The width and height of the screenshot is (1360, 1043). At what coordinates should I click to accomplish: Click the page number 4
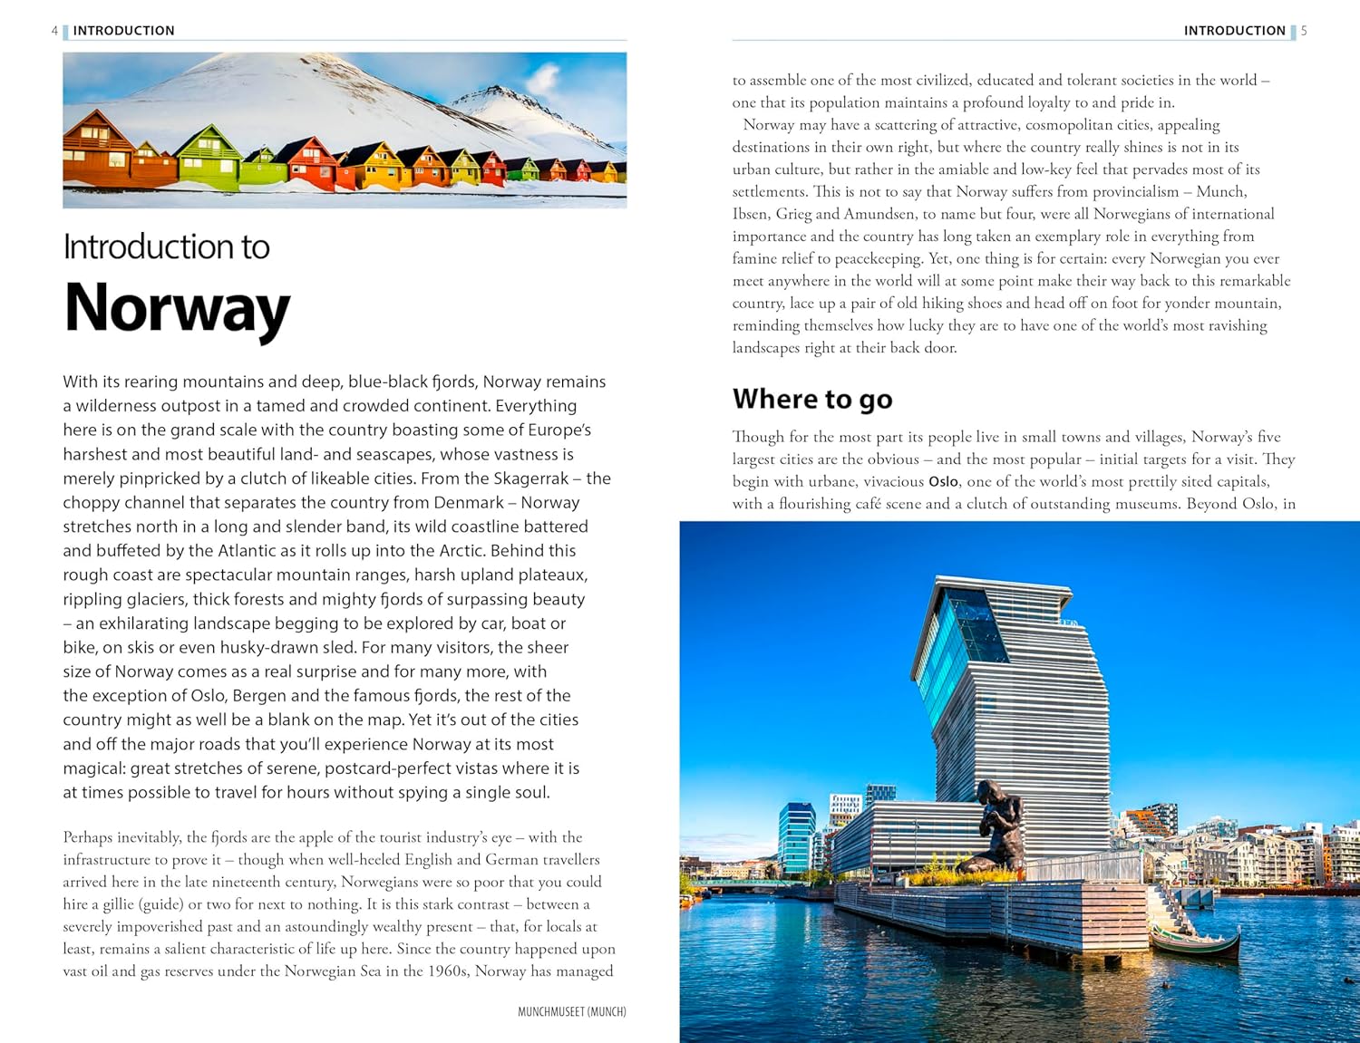(x=54, y=31)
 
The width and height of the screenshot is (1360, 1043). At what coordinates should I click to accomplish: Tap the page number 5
(x=1304, y=31)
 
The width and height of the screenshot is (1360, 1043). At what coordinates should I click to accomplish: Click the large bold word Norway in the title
(x=177, y=309)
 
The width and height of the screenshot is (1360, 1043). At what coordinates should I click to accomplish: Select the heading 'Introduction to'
(x=167, y=247)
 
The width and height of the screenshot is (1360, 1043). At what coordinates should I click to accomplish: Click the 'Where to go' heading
(x=812, y=399)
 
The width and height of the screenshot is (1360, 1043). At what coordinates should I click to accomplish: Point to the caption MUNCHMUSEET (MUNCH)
(x=571, y=1012)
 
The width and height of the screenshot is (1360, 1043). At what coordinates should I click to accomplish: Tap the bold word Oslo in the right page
(x=943, y=482)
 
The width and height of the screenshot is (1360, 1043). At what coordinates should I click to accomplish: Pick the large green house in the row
(x=209, y=154)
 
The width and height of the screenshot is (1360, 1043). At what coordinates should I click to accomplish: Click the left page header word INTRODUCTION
(x=124, y=31)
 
